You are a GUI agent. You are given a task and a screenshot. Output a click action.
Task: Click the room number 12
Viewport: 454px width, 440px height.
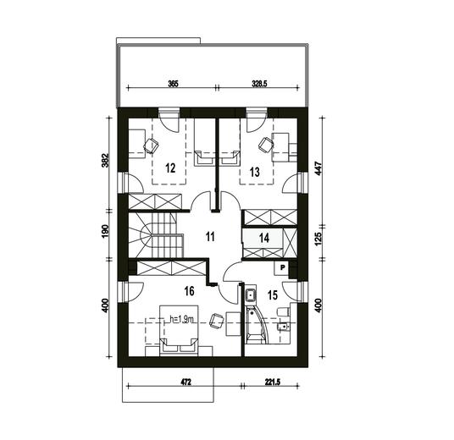click(x=170, y=168)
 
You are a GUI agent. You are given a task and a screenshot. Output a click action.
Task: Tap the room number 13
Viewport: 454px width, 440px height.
click(x=254, y=172)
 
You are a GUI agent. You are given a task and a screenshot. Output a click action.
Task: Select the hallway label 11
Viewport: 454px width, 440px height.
click(x=210, y=237)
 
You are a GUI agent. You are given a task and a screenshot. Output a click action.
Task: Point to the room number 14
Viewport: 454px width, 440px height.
click(x=264, y=238)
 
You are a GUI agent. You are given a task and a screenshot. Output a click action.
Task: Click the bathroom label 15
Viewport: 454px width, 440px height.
click(x=273, y=295)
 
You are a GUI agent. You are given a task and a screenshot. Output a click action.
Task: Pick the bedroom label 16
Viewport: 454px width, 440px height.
click(x=190, y=291)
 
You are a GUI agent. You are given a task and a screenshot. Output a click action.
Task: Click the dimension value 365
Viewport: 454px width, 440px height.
click(x=174, y=84)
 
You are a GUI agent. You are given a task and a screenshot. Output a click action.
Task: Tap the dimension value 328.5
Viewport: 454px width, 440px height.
click(x=259, y=84)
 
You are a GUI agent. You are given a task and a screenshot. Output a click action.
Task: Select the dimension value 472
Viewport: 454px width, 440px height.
click(x=186, y=382)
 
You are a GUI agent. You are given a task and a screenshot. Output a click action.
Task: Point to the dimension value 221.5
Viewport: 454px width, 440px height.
click(x=273, y=382)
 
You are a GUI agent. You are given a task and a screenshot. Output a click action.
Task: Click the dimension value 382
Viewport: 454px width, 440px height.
click(x=105, y=160)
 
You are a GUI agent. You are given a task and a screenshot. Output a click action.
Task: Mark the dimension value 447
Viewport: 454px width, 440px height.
click(x=318, y=168)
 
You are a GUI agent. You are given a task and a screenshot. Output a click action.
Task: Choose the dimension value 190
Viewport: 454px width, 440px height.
click(x=105, y=230)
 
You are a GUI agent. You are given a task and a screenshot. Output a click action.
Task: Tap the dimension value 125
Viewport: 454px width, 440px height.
click(x=318, y=239)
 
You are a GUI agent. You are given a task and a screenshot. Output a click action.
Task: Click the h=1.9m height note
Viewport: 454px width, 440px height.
click(x=181, y=319)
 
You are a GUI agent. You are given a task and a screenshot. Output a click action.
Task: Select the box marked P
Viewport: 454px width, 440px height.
click(x=283, y=267)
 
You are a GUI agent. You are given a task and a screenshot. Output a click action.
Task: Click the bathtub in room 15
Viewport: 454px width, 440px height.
click(x=257, y=326)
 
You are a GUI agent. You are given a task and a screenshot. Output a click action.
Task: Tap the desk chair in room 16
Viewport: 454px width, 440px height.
click(x=216, y=321)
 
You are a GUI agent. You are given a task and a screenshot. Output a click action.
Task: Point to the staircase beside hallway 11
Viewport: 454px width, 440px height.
click(x=156, y=235)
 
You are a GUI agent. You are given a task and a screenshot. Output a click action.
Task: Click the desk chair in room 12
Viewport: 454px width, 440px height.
click(x=151, y=146)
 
